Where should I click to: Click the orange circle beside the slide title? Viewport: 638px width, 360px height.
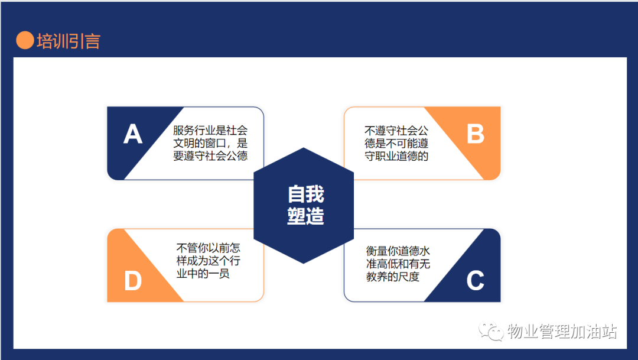point(25,40)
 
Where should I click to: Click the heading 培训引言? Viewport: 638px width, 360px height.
point(69,41)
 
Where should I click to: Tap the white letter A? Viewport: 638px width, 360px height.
point(133,134)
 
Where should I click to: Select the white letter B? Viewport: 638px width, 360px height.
point(475,134)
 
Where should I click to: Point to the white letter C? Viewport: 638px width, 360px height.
point(475,281)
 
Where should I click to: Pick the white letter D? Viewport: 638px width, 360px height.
point(133,281)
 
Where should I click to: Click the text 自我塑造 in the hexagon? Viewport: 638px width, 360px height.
point(305,205)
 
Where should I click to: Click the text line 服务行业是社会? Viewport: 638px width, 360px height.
point(210,130)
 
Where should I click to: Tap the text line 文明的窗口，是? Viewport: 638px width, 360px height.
point(210,143)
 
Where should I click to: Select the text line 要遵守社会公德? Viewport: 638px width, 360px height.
point(210,155)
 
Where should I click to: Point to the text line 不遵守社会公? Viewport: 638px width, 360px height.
point(396,131)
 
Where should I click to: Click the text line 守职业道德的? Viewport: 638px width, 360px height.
point(396,156)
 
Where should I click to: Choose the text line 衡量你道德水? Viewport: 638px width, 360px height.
point(398,251)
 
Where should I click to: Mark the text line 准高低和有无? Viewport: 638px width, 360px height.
point(398,264)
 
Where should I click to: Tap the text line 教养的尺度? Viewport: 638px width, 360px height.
point(393,277)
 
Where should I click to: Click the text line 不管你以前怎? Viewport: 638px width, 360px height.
point(209,248)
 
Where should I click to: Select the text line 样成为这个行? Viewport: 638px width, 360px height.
point(209,261)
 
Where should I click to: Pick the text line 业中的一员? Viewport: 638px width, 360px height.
point(203,273)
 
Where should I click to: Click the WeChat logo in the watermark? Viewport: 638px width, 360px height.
point(491,332)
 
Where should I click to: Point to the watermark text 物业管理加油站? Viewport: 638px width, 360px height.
point(562,332)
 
